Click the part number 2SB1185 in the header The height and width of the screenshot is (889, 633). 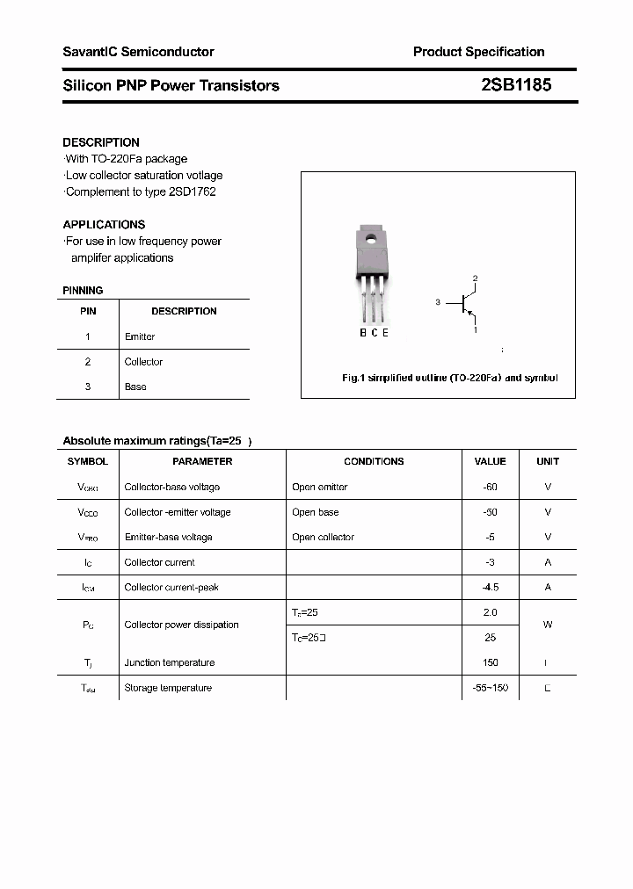tap(516, 85)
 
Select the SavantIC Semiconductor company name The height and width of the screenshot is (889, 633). tap(138, 52)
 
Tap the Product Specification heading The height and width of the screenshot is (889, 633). tap(478, 52)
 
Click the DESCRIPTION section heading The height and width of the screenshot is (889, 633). tap(101, 142)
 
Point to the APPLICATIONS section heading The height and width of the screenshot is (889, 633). tap(104, 225)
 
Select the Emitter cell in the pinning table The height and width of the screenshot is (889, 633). tap(140, 336)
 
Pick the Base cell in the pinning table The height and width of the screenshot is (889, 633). tap(135, 387)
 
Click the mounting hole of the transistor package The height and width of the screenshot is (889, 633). tap(371, 237)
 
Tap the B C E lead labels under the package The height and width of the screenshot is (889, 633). tap(374, 333)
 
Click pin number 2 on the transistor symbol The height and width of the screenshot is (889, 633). tap(475, 279)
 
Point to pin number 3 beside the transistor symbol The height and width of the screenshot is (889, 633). tap(437, 302)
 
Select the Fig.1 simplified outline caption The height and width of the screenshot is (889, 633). tap(449, 378)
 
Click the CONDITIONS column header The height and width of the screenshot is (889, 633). tap(374, 461)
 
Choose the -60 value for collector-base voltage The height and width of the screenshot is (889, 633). tap(490, 487)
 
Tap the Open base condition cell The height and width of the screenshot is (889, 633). tap(315, 512)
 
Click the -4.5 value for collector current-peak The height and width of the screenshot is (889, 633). tap(490, 587)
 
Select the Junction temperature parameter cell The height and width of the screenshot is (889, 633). tap(169, 662)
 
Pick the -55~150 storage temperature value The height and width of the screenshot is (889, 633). tap(490, 688)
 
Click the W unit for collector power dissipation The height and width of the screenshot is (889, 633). tap(547, 625)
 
